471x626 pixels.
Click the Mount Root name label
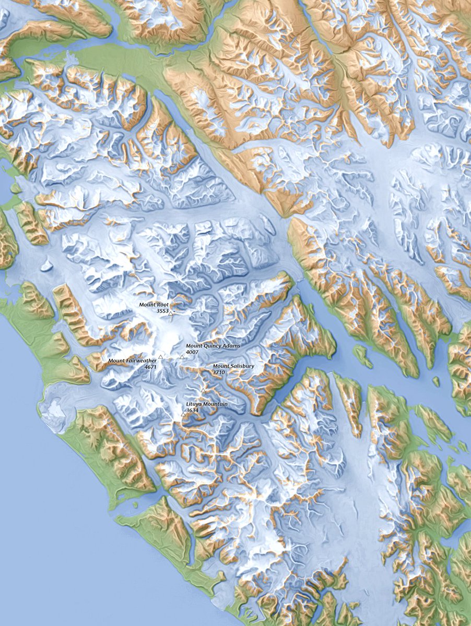point(154,304)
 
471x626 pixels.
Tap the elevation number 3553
point(162,310)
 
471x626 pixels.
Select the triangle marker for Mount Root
point(171,314)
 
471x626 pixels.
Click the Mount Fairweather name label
point(132,360)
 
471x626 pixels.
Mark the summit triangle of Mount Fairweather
point(161,357)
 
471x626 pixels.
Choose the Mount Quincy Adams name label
point(210,346)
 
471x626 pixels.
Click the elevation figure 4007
point(193,352)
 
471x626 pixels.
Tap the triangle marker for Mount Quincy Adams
point(182,357)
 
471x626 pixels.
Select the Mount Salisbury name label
point(233,366)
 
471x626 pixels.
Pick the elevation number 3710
point(219,372)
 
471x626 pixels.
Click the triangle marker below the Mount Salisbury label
point(203,390)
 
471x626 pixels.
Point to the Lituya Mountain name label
point(207,404)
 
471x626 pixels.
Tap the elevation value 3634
point(193,410)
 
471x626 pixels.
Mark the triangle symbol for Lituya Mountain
point(183,414)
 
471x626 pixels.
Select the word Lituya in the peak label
point(195,404)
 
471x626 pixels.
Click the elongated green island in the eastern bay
point(363,356)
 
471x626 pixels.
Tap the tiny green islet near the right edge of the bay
point(435,381)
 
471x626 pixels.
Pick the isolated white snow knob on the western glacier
point(46,266)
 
